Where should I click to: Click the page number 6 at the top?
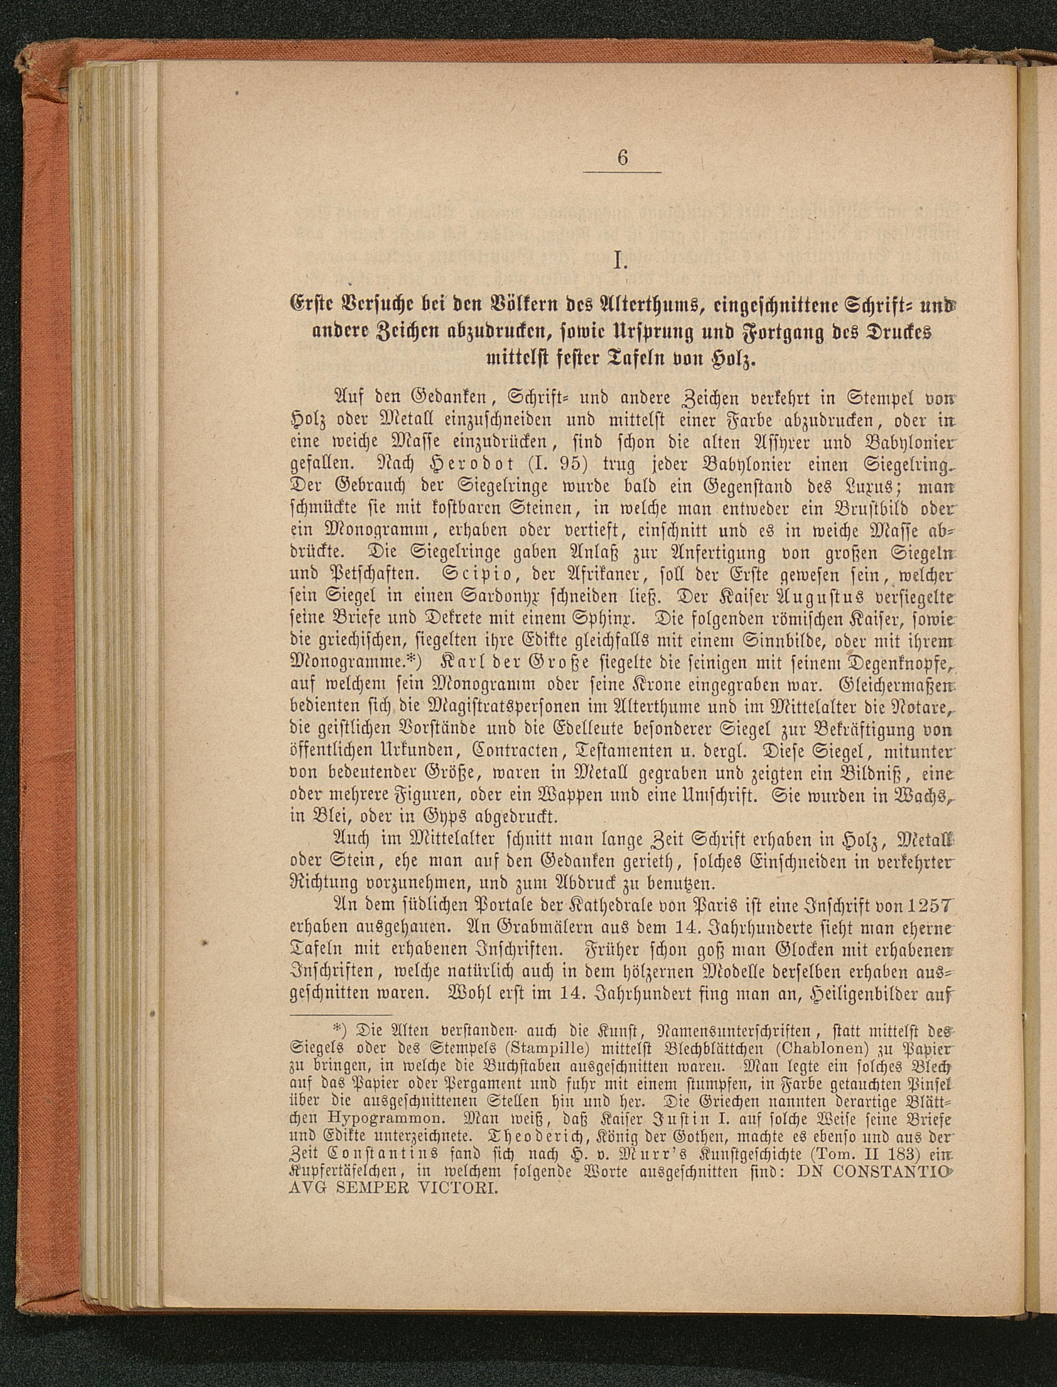[622, 158]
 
